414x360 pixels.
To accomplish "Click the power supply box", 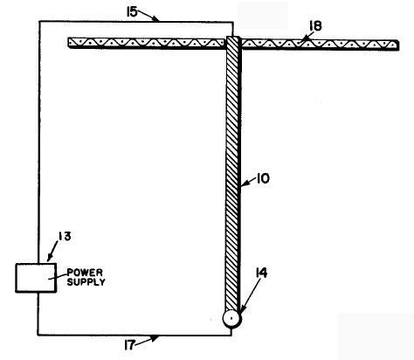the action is [36, 278].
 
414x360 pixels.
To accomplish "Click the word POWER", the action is [85, 273].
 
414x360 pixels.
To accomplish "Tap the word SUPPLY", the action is [86, 282].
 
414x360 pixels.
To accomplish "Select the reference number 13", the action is [65, 236].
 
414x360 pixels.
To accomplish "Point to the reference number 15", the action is [132, 12].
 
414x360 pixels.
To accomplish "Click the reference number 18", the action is [315, 26].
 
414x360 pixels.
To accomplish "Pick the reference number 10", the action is [263, 178].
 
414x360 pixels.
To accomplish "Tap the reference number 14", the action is [261, 273].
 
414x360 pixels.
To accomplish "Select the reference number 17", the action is [129, 345].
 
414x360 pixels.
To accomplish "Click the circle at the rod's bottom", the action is [231, 319].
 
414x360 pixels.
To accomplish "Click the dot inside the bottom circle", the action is [231, 319].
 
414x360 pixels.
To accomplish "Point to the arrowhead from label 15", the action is [156, 19].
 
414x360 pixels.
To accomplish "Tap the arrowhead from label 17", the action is [155, 338].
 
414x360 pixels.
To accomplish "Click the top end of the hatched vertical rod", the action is [233, 37].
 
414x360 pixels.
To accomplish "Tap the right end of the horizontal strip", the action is [397, 45].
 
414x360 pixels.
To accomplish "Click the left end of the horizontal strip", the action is [69, 43].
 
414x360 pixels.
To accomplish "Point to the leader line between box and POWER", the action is [58, 277].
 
